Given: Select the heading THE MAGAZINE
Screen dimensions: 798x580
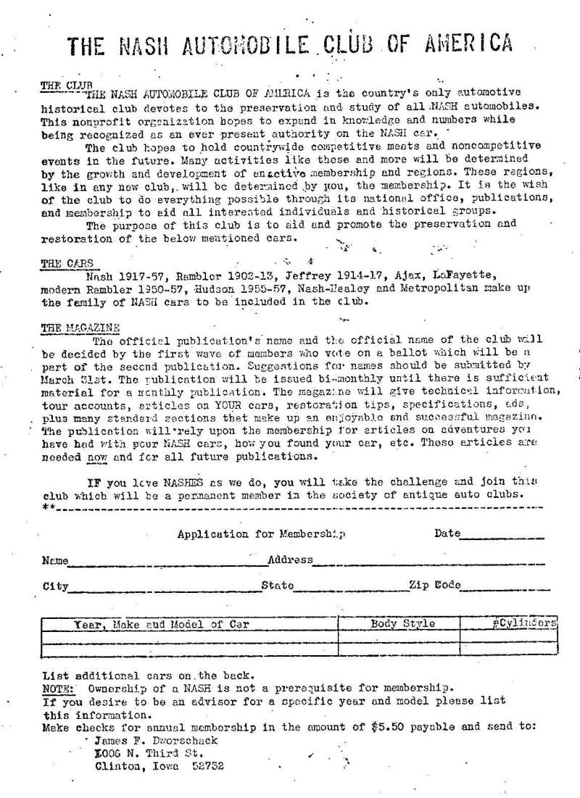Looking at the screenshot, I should [80, 328].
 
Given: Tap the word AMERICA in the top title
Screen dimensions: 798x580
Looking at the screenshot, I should [465, 45].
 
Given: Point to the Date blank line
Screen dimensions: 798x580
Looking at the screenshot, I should [502, 537].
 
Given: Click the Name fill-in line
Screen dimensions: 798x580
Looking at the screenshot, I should [163, 563].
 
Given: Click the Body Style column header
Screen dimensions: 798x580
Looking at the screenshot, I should [402, 623].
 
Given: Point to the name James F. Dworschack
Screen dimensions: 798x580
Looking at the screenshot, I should [151, 741].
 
